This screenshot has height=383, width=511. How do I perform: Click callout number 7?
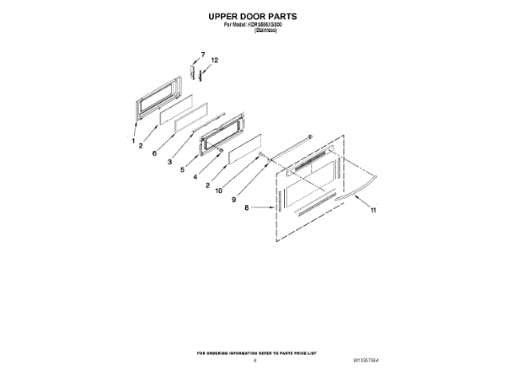202,54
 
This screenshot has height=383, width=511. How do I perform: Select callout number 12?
213,61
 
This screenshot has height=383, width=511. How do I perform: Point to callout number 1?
133,141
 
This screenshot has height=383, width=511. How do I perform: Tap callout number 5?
183,170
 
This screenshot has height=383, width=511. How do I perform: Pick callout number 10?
218,191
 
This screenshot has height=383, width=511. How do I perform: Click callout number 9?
234,199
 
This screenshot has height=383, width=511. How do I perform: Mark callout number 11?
372,210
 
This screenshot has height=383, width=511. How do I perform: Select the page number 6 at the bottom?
255,361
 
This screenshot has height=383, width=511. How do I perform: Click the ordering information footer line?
255,352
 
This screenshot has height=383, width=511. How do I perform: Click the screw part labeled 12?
202,74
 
